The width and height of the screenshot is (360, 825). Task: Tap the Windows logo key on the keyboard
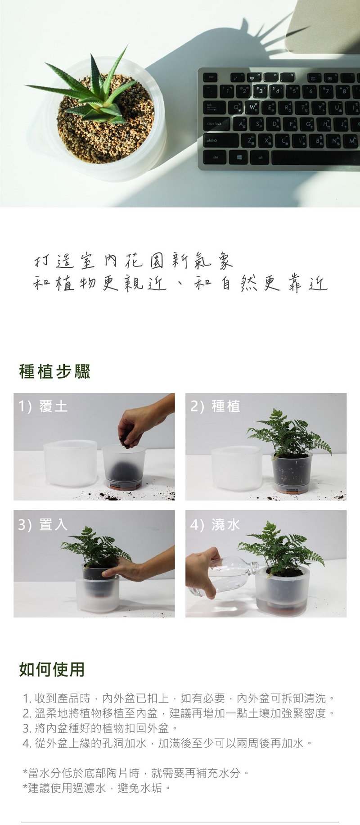238,157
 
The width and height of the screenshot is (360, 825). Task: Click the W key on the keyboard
252,107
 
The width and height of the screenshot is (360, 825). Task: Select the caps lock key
216,124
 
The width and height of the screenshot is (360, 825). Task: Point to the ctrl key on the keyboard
216,157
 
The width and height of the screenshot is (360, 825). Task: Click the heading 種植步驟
55,372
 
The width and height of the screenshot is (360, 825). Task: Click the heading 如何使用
52,669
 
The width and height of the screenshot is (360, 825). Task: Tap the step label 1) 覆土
43,406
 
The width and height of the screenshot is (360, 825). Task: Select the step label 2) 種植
215,406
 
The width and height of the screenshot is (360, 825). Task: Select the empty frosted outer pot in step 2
237,468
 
